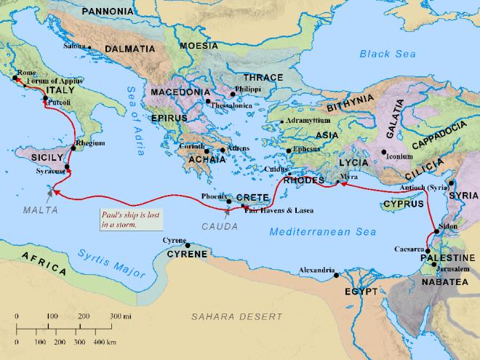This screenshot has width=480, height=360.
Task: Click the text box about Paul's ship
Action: tap(131, 219)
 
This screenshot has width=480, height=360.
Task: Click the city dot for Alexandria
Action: tap(335, 276)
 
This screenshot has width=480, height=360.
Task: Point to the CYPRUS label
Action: tap(403, 204)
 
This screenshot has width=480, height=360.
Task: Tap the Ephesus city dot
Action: tap(289, 151)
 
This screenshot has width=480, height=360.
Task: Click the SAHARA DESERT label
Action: tap(236, 316)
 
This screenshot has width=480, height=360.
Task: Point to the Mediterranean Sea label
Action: tap(322, 232)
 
